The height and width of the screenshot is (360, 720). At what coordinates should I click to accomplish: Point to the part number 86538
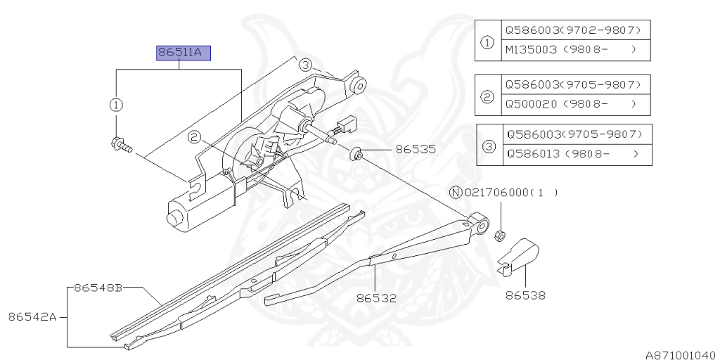[525, 296]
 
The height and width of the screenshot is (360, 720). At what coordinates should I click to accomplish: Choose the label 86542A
[32, 316]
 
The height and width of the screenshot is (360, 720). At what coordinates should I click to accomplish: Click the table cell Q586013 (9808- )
[573, 153]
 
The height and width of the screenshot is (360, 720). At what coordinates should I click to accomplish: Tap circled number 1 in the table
[487, 41]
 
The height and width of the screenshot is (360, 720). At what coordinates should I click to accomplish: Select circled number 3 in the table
[489, 145]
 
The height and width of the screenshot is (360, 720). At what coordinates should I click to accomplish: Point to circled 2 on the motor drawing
[195, 138]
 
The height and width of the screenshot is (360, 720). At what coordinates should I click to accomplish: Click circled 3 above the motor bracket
[304, 65]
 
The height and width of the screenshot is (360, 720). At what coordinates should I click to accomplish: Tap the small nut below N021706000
[501, 234]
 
